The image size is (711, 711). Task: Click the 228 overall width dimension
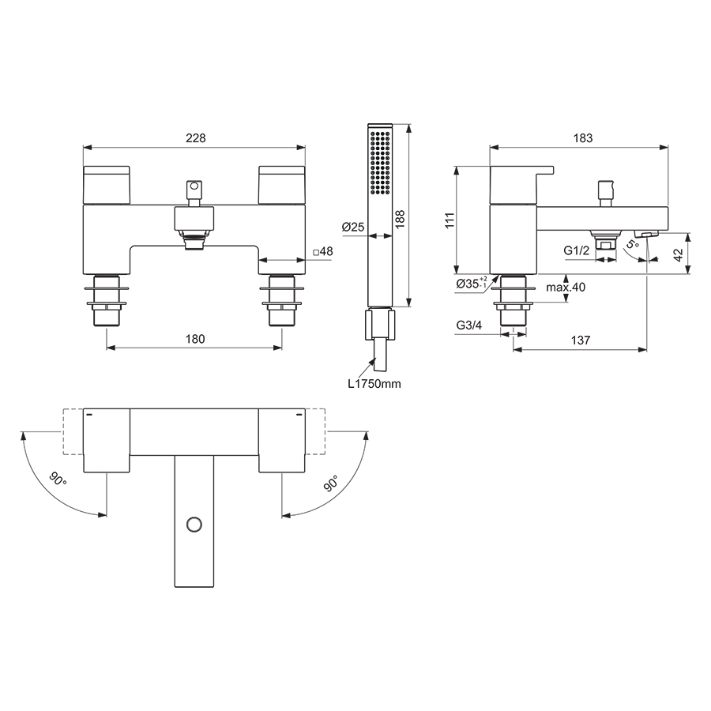pos(195,137)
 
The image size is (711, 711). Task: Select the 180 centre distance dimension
pos(195,339)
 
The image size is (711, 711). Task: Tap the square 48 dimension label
pos(324,252)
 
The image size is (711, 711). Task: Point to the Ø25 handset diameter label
pos(353,227)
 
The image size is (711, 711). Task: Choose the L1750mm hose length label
pos(374,384)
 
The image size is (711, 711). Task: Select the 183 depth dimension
pos(582,137)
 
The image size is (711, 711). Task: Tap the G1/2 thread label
pos(577,250)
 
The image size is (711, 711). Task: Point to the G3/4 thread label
pos(469,325)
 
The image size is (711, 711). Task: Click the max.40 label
pos(566,288)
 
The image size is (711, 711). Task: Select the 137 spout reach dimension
pos(581,340)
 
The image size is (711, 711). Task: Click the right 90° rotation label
pos(330,483)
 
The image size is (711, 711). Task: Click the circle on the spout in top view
pos(194,523)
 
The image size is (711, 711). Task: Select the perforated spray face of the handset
pos(379,162)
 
